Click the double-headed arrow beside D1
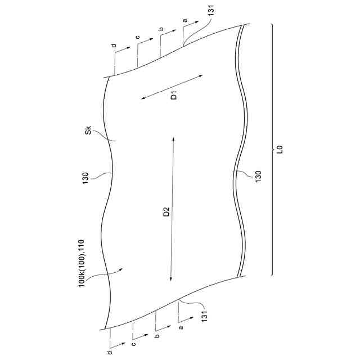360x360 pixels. point(172,86)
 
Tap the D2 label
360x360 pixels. point(166,213)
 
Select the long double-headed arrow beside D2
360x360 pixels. point(172,208)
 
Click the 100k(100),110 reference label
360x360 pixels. point(82,263)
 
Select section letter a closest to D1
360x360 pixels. point(184,21)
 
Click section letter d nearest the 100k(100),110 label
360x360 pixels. point(110,353)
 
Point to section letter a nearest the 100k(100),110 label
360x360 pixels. point(180,326)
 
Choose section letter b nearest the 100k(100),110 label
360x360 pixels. point(157,336)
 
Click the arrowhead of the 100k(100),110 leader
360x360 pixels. point(123,271)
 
